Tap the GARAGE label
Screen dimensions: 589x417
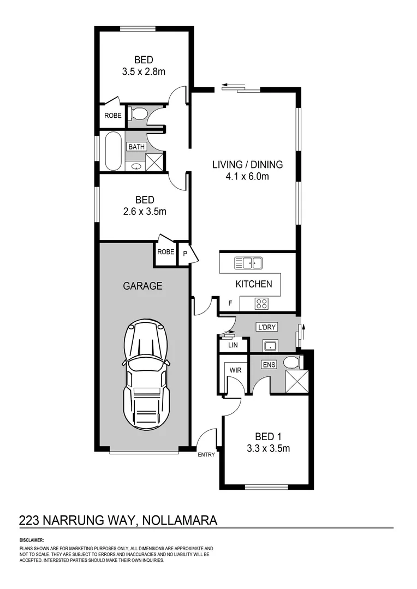pyautogui.click(x=142, y=285)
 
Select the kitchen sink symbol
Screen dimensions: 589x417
pyautogui.click(x=248, y=263)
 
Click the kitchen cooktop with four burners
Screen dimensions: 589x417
pyautogui.click(x=261, y=304)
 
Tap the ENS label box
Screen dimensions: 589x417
pyautogui.click(x=269, y=364)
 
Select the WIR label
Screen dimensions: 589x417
pyautogui.click(x=235, y=370)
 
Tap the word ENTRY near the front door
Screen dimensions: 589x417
pyautogui.click(x=206, y=454)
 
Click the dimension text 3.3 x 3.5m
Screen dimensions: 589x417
pyautogui.click(x=269, y=449)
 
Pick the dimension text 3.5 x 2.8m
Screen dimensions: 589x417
pyautogui.click(x=144, y=71)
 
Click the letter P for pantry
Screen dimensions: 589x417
pyautogui.click(x=184, y=254)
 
